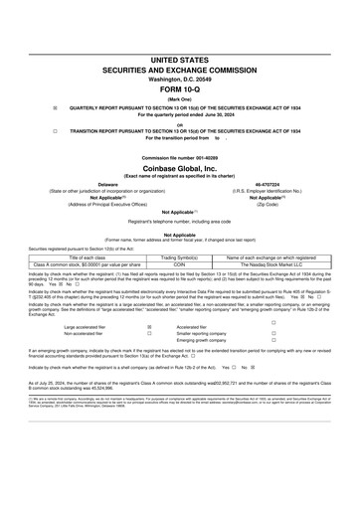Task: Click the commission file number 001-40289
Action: pos(180,158)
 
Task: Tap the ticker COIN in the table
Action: pos(180,264)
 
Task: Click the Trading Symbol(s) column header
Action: pos(180,256)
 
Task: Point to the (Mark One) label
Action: pos(180,102)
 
